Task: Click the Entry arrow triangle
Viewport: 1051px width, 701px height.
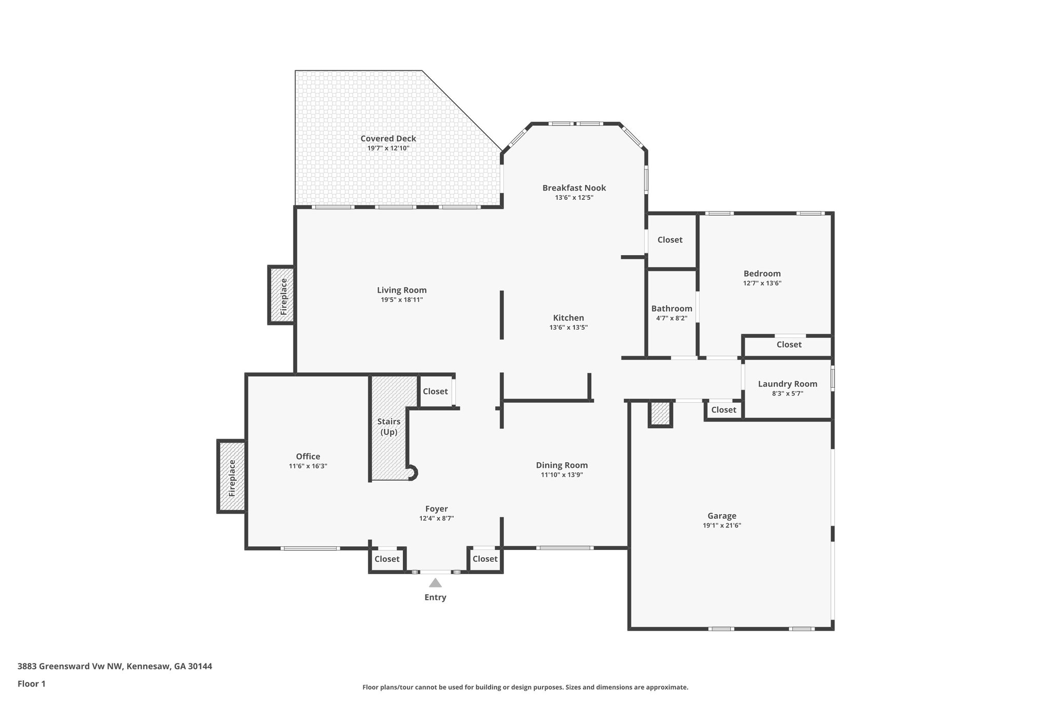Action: pos(435,582)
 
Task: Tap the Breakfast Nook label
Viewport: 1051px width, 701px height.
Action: pos(574,188)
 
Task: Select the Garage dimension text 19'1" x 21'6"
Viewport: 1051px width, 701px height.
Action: pos(722,525)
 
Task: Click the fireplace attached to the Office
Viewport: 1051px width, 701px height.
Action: pos(231,477)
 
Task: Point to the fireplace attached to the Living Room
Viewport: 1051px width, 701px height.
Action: pos(282,295)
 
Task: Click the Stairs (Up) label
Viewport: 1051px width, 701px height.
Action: pos(388,427)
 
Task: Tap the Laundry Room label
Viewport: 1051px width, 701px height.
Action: pos(787,384)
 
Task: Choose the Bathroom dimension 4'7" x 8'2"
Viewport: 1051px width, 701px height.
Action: pos(671,318)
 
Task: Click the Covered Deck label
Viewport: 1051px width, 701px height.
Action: pos(388,138)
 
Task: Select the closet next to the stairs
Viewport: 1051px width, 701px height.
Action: pos(435,391)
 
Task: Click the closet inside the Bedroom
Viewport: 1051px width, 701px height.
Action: pos(788,345)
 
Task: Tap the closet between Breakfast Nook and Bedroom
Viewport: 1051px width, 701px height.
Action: pos(670,240)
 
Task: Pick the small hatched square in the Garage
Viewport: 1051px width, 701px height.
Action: pos(660,413)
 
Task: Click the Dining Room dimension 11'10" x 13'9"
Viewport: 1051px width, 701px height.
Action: pos(561,475)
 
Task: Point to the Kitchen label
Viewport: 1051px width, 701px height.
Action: pos(568,318)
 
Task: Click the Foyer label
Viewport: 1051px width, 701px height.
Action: pos(436,509)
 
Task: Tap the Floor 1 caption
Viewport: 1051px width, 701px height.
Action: pos(31,684)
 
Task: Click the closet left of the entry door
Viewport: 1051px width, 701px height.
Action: pos(387,559)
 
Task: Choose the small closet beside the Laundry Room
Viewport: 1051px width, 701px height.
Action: pos(724,409)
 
